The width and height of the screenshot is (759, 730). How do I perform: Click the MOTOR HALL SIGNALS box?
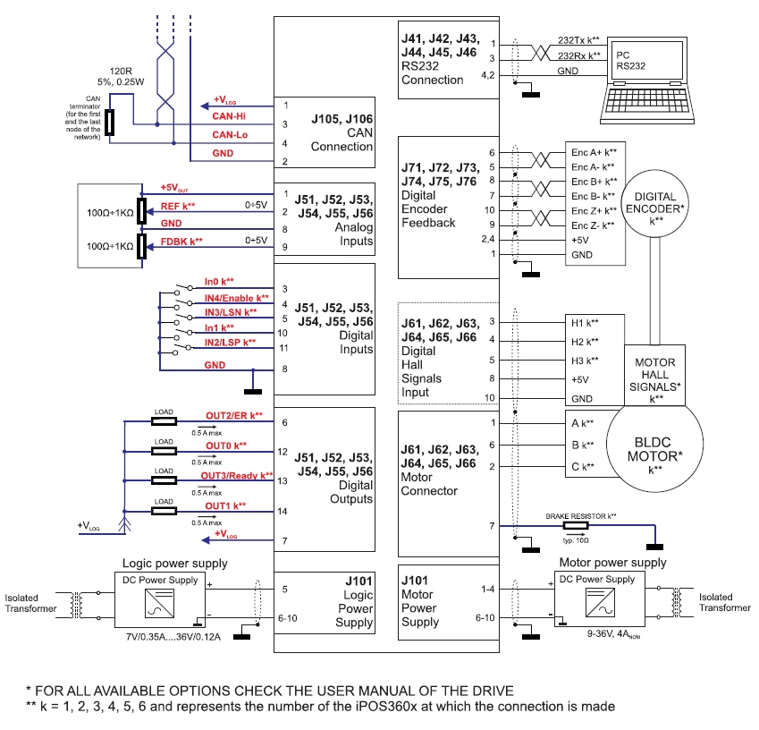point(655,375)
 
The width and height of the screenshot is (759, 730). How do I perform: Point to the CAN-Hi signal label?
point(229,116)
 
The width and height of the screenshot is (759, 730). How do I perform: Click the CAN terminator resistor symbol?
point(110,123)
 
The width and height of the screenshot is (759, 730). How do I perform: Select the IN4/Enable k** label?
point(236,298)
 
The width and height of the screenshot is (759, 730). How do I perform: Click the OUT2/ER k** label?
point(234,416)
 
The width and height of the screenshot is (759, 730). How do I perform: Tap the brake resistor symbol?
point(576,525)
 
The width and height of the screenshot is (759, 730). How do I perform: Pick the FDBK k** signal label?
point(181,242)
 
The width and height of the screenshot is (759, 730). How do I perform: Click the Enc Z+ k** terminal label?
point(594,211)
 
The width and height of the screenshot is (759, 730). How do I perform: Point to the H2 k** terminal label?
point(585,342)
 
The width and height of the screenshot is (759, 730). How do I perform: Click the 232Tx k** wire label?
point(578,40)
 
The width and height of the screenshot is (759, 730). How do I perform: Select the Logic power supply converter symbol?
point(159,604)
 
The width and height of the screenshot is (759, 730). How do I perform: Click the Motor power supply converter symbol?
point(600,603)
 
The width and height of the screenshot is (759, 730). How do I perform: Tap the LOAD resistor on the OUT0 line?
point(164,452)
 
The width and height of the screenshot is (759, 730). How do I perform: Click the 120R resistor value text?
point(121,72)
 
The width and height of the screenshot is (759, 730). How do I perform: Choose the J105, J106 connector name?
point(342,119)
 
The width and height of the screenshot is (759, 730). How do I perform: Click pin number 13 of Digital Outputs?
point(283,481)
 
